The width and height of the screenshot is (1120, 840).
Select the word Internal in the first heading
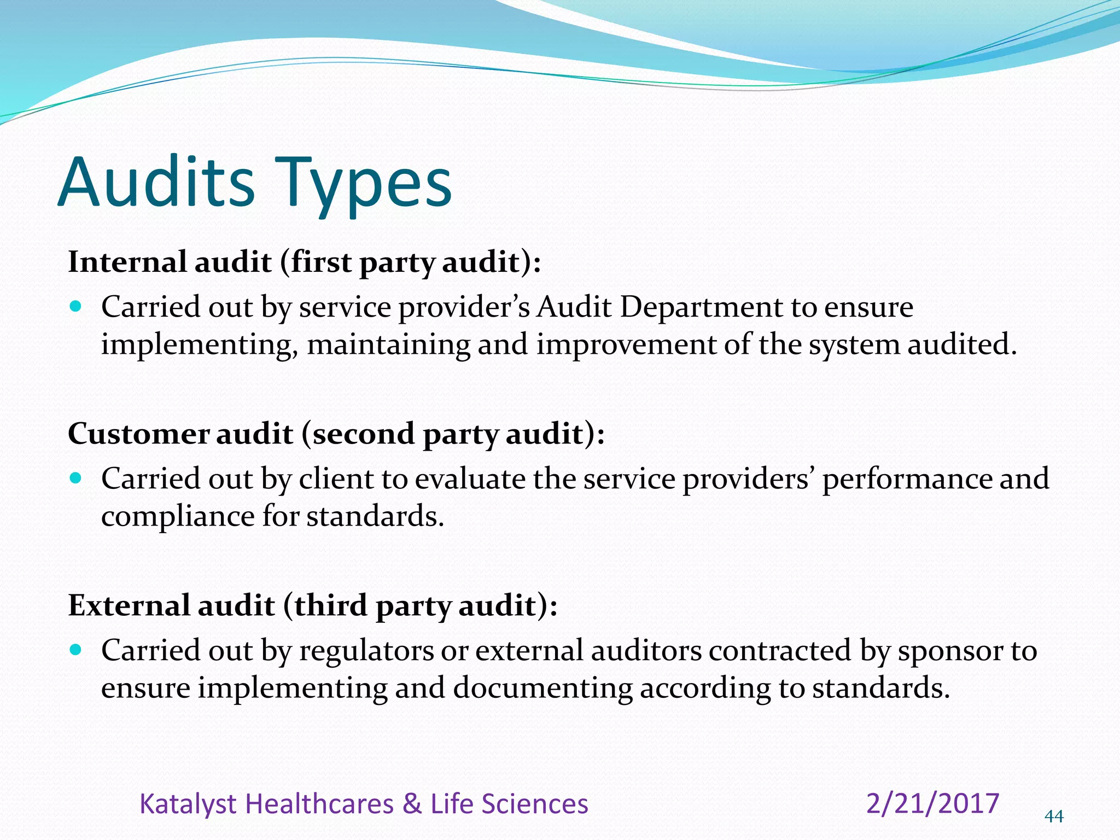[127, 262]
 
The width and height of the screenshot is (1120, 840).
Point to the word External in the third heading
[129, 605]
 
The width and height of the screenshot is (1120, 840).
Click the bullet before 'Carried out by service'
[76, 306]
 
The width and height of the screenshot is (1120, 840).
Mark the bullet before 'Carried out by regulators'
[76, 650]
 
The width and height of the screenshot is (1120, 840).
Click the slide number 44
[1054, 816]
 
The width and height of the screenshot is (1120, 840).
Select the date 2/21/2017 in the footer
[933, 803]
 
